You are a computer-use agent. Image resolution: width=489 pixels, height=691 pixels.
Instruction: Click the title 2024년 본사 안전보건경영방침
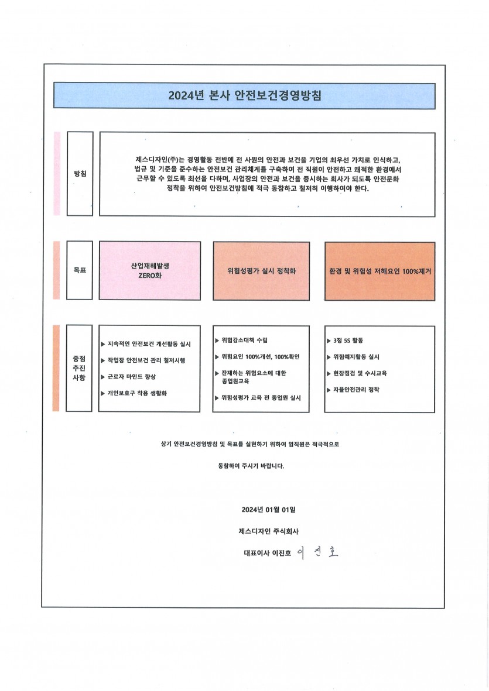[245, 95]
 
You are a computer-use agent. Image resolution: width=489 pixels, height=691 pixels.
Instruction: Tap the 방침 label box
[80, 174]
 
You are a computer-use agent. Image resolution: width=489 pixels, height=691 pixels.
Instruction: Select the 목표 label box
[80, 270]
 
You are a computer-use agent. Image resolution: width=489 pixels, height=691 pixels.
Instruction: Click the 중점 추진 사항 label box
[79, 368]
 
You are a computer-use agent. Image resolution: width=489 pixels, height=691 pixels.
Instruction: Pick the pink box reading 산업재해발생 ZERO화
[150, 270]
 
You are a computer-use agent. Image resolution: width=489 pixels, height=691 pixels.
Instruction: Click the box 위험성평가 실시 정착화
[261, 271]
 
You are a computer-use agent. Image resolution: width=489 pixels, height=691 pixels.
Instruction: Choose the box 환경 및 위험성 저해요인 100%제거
[380, 271]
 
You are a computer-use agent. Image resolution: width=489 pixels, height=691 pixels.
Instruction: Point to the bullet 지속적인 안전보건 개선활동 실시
[146, 344]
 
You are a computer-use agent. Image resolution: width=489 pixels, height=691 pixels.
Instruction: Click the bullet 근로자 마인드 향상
[128, 377]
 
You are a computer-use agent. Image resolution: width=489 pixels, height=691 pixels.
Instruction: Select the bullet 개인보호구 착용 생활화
[134, 393]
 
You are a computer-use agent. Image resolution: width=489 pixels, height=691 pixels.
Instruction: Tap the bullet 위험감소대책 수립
[241, 340]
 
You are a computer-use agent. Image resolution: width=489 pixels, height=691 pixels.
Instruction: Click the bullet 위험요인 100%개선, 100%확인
[257, 356]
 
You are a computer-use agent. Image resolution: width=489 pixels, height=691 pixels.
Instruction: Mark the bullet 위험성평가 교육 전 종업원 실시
[258, 397]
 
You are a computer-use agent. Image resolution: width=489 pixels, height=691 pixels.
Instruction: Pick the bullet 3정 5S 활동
[345, 341]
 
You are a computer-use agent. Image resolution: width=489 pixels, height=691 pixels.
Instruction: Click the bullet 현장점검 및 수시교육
[357, 373]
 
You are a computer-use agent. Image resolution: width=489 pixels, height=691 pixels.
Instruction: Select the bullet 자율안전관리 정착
[353, 390]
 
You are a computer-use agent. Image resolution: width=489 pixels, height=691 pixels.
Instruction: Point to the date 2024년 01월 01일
[269, 510]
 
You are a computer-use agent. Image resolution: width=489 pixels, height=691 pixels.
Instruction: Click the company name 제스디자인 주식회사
[269, 531]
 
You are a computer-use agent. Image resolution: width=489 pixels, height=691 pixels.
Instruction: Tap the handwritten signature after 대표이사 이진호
[317, 552]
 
